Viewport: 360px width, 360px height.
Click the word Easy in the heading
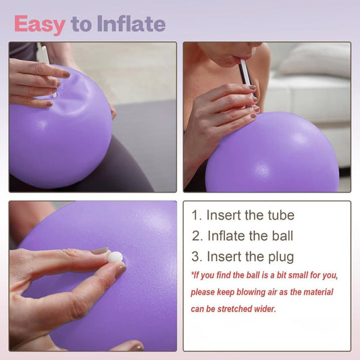39,24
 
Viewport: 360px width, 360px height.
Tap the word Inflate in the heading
130,24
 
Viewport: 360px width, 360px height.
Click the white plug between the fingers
115,257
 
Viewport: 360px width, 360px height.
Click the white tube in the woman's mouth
245,72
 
